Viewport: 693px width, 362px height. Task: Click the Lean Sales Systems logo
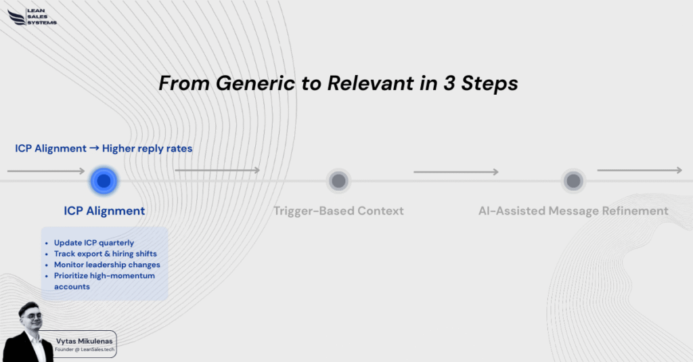point(32,17)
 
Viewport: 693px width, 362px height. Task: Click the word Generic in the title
point(255,83)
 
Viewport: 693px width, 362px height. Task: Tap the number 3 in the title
point(449,83)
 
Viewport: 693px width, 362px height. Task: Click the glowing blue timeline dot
point(104,181)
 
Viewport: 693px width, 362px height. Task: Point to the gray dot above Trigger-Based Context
point(338,181)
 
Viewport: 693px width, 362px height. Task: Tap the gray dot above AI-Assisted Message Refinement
point(573,181)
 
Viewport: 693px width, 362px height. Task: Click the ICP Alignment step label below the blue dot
point(104,211)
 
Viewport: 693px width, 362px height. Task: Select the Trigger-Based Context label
point(338,211)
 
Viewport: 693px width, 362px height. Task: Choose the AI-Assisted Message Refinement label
point(573,211)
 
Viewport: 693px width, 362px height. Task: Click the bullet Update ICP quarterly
point(93,243)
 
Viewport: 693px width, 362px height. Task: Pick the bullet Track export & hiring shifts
point(105,254)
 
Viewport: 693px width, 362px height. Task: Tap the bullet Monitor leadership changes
point(107,265)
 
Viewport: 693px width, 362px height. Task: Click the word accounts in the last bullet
point(72,287)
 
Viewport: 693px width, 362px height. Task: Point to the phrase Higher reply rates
point(147,148)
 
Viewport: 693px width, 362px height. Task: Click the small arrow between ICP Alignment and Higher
point(94,148)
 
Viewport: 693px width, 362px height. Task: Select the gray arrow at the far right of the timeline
point(640,170)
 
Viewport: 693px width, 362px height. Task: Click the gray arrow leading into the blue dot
point(46,171)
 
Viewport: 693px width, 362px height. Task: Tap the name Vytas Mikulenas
point(85,341)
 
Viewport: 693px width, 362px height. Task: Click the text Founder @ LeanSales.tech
point(85,350)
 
